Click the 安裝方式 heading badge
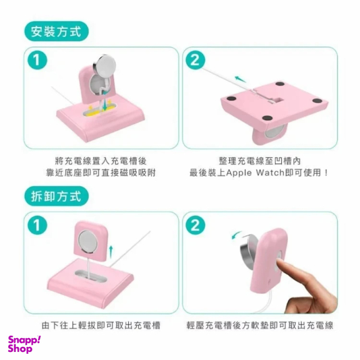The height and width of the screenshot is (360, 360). pos(56,31)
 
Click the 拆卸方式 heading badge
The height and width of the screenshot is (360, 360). pos(56,196)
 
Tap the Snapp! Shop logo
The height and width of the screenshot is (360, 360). pos(24,344)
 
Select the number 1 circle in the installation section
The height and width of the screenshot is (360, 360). pos(37,60)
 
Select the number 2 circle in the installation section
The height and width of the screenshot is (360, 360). pos(195,60)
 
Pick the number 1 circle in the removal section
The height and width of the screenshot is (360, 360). pos(37,225)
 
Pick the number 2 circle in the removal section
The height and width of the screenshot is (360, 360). pos(195,225)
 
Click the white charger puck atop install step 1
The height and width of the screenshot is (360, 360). pos(105,63)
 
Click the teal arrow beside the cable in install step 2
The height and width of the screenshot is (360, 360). pos(240,79)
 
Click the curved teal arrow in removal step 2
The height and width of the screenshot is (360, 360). pos(236,234)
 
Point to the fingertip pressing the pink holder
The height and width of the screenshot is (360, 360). pos(279,263)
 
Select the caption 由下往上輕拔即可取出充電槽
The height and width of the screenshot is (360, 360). pos(101,326)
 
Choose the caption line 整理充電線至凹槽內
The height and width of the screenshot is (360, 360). pos(260,161)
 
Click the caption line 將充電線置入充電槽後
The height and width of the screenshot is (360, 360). pos(101,161)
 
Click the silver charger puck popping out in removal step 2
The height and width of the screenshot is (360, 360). pos(248,249)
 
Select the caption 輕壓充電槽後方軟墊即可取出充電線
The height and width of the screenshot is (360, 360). pos(260,326)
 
